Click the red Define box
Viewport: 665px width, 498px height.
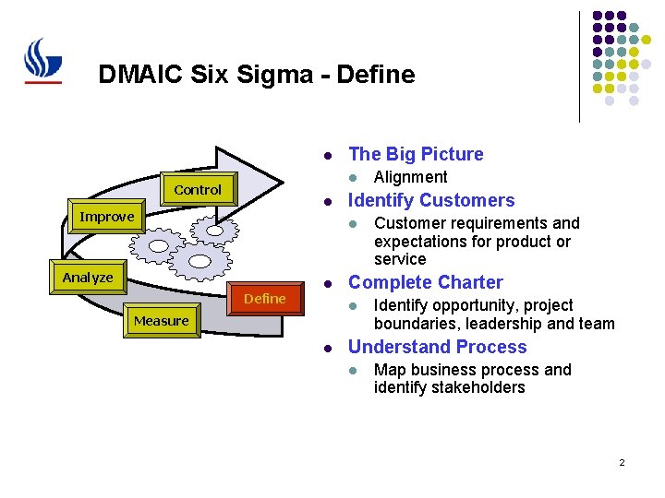(265, 299)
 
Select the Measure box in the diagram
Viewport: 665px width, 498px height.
(162, 321)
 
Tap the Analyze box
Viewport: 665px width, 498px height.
(88, 278)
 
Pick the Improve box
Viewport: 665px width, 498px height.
(107, 217)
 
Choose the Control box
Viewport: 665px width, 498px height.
(198, 190)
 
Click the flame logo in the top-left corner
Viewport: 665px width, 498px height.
(42, 61)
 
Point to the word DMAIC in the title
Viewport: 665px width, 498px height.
(133, 74)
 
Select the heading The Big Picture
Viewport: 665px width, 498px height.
(416, 154)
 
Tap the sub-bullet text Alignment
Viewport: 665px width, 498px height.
(410, 177)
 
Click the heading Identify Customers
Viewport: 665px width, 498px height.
(431, 200)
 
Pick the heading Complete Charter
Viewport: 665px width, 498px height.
(425, 282)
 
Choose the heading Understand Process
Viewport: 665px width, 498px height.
(437, 347)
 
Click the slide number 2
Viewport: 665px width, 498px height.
(622, 461)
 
